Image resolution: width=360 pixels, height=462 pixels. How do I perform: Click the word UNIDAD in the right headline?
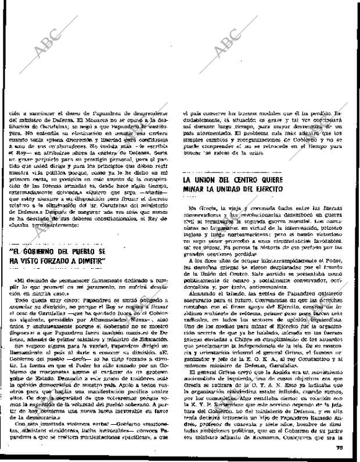point(239,190)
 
